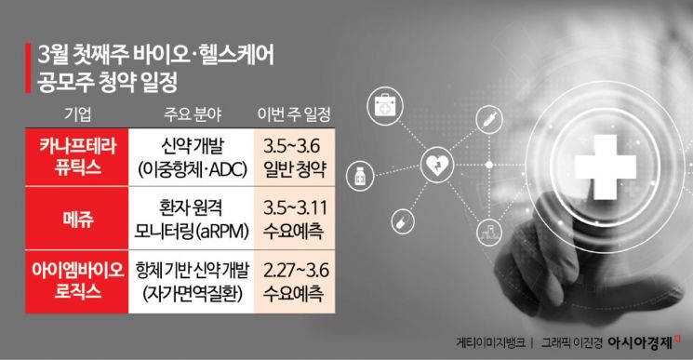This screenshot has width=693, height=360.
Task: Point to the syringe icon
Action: tap(484, 118)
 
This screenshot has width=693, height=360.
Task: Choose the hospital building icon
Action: tap(484, 230)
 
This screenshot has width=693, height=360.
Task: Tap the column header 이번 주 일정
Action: tap(291, 114)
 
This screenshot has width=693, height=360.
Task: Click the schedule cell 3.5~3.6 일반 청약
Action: tap(292, 157)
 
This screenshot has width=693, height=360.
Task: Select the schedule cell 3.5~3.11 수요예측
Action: tap(292, 217)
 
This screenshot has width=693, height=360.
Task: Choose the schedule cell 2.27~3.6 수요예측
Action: tap(292, 278)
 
